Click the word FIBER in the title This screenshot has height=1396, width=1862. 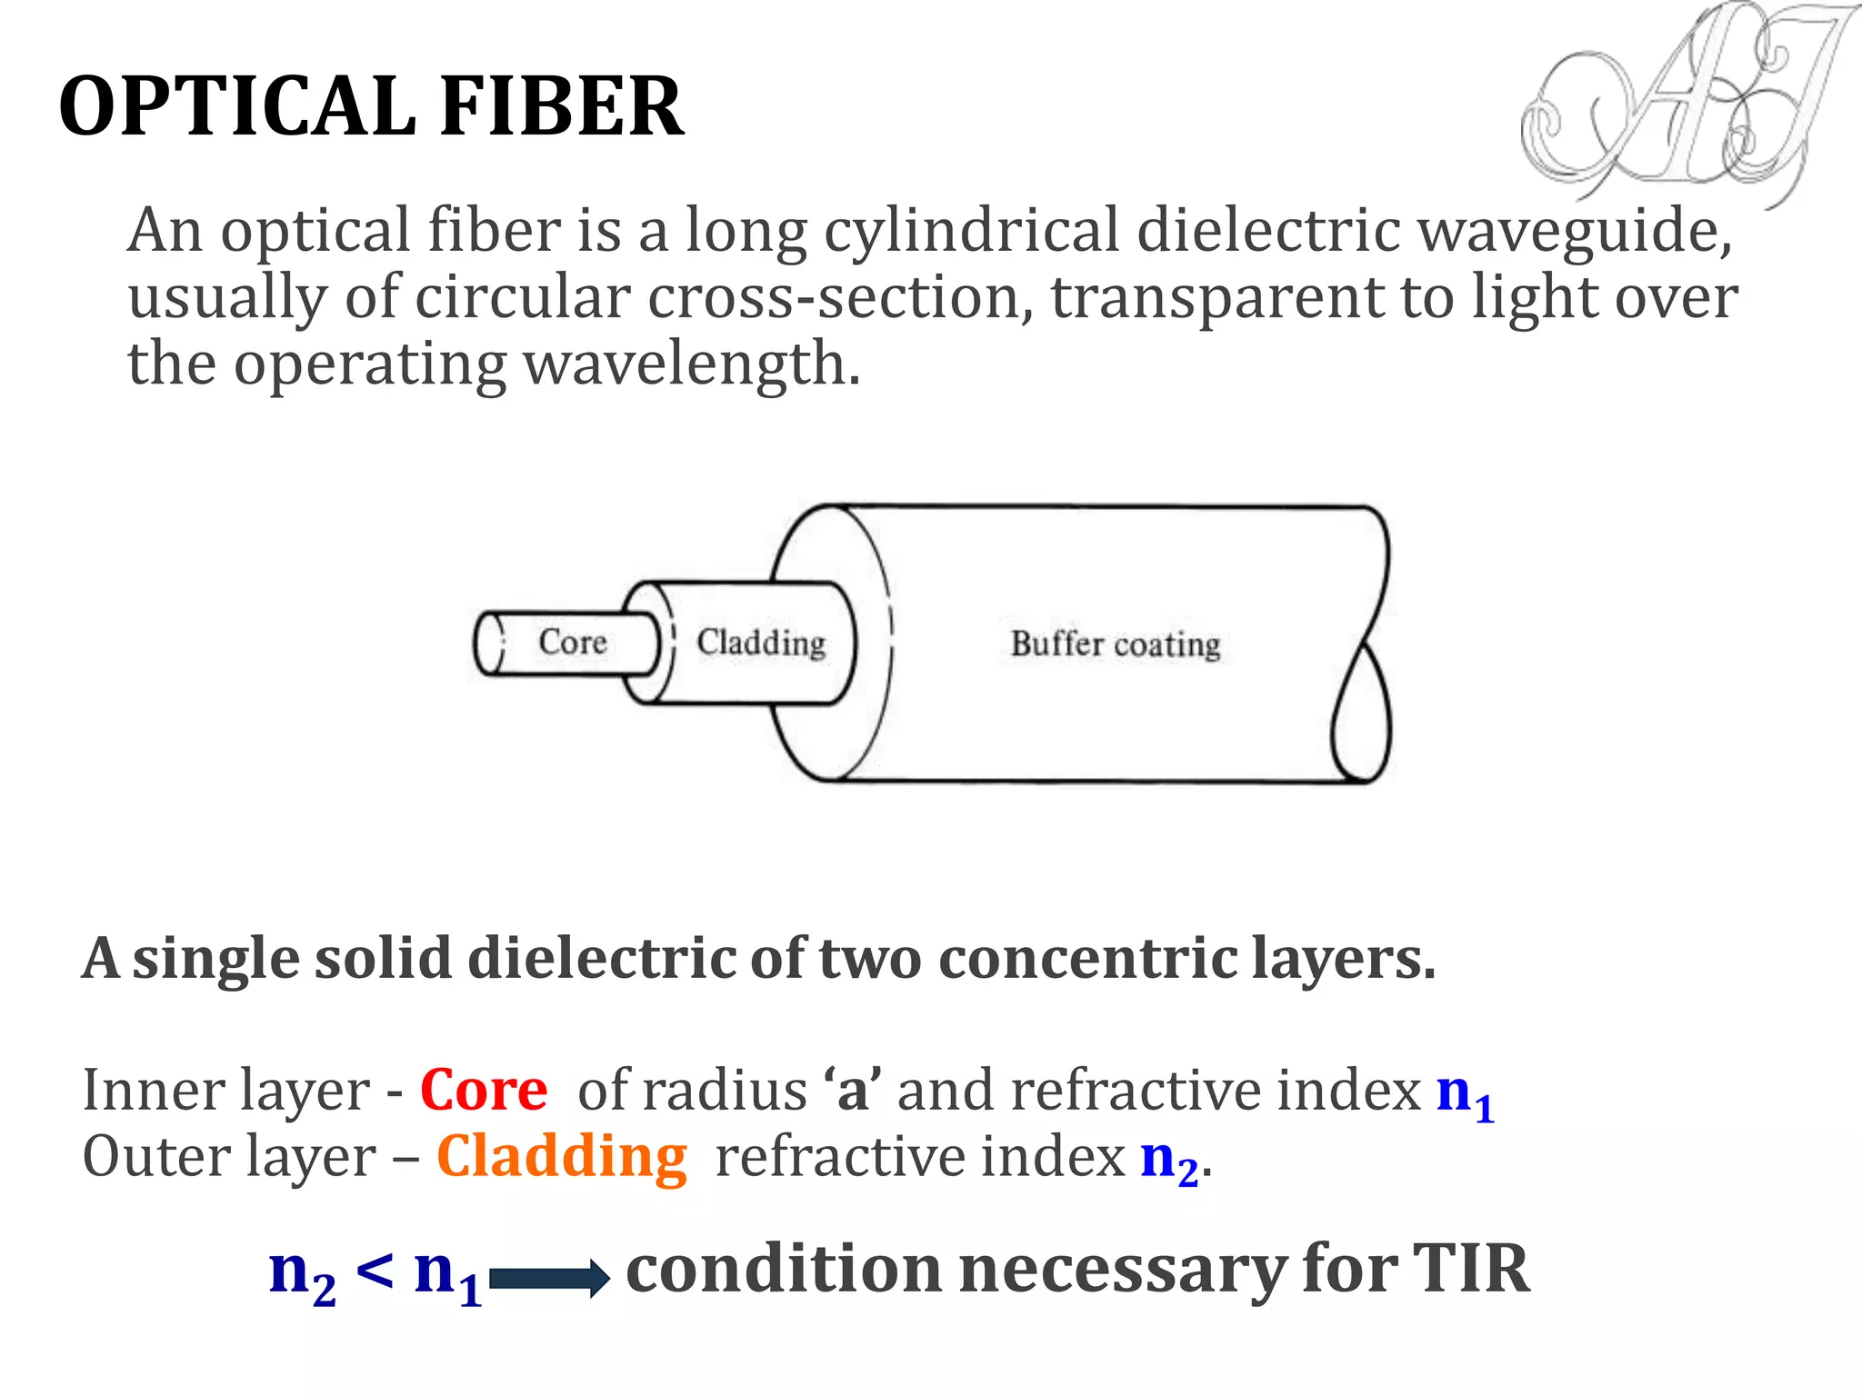tap(561, 107)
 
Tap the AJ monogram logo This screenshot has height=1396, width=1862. tap(1682, 105)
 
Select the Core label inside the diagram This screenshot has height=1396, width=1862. tap(572, 642)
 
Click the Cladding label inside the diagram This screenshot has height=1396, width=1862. tap(761, 643)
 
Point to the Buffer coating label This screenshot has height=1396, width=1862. tap(1115, 644)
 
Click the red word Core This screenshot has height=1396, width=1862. tap(483, 1090)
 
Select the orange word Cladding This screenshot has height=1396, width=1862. tap(561, 1157)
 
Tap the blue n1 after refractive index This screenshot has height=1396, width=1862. tap(1464, 1093)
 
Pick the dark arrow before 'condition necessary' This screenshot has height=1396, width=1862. tap(549, 1279)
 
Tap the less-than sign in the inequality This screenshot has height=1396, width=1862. tap(375, 1270)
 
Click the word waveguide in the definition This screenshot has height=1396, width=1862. tap(1574, 232)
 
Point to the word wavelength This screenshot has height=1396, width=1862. tap(691, 364)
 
